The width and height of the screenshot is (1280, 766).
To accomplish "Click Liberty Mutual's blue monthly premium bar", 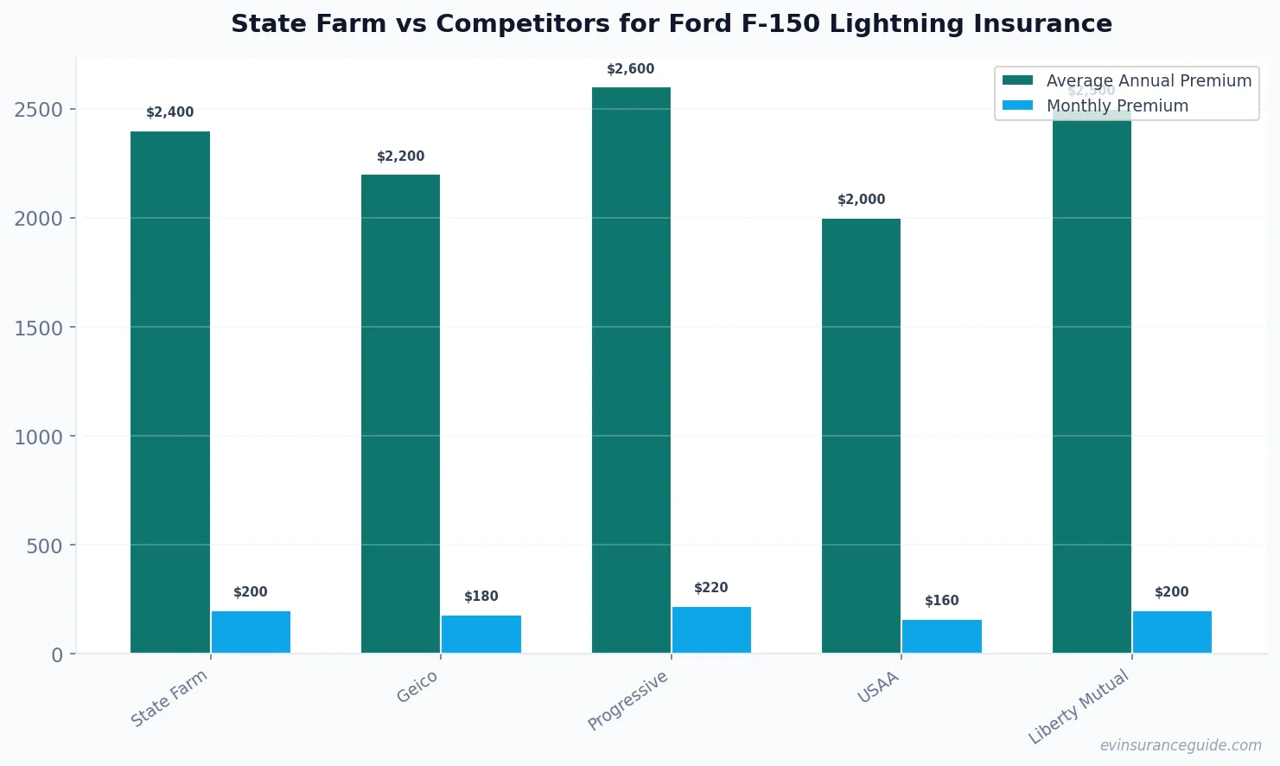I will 1172,632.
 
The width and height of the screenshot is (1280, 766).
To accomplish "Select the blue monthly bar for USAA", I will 942,636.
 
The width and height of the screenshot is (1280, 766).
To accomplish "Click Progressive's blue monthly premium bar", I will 711,629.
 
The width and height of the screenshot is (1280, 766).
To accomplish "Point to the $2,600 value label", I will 630,69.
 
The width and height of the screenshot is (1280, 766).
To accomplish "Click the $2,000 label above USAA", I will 861,200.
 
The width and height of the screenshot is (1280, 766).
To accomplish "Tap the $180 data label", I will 481,597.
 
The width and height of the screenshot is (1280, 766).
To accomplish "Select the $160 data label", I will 941,601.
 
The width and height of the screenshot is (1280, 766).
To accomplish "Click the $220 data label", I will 710,588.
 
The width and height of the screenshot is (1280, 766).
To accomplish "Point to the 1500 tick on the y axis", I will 39,329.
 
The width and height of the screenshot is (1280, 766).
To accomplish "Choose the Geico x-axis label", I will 417,687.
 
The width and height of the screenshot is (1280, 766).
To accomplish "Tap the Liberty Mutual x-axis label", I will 1079,706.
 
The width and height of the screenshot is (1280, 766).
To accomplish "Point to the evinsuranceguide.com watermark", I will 1181,745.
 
